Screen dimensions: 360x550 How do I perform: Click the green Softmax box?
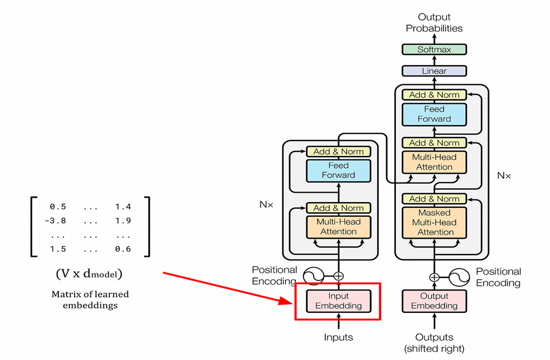tap(434, 49)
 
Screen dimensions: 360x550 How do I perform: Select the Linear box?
tap(434, 71)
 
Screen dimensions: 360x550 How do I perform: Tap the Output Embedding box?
tap(434, 301)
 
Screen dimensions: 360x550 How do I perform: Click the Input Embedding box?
tap(338, 301)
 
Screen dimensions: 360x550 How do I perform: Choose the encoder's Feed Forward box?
tap(338, 170)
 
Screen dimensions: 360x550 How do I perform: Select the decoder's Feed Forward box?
tap(434, 114)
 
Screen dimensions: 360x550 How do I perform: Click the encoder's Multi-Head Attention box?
tap(338, 226)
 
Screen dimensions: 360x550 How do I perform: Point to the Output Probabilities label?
tap(434, 22)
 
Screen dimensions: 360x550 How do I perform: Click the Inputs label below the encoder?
tap(338, 337)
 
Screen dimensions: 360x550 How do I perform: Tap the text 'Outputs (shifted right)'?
tap(434, 343)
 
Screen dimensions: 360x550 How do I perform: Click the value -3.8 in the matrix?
tap(56, 221)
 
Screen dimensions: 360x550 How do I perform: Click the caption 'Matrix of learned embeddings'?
tap(90, 300)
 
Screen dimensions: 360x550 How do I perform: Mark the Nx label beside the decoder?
tap(504, 176)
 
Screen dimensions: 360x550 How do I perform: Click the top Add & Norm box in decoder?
tap(434, 95)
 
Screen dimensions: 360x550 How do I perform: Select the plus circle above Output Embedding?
tap(434, 277)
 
